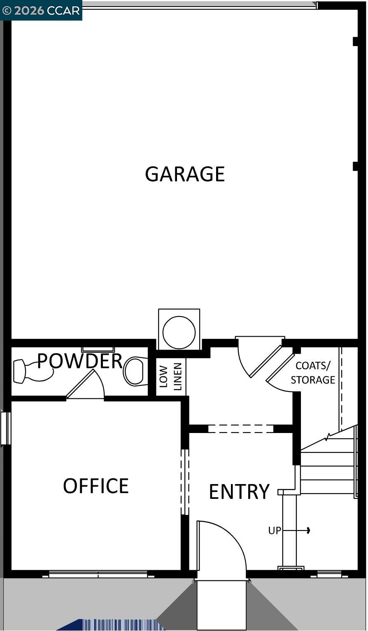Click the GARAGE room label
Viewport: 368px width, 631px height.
coord(185,174)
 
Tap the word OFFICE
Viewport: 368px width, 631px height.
coord(96,486)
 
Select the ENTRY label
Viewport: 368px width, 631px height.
coord(239,491)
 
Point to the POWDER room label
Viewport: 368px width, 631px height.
coord(80,361)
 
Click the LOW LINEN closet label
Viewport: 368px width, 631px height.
coord(170,376)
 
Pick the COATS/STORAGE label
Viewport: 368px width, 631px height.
coord(313,373)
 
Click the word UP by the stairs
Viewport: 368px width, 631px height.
coord(275,531)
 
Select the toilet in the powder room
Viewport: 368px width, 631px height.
coord(136,371)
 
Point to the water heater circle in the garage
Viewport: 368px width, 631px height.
coord(179,332)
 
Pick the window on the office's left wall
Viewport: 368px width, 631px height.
coord(5,428)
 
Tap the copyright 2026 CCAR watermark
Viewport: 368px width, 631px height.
coord(41,10)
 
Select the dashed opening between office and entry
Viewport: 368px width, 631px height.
coord(185,482)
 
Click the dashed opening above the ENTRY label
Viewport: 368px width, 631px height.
coord(241,428)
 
